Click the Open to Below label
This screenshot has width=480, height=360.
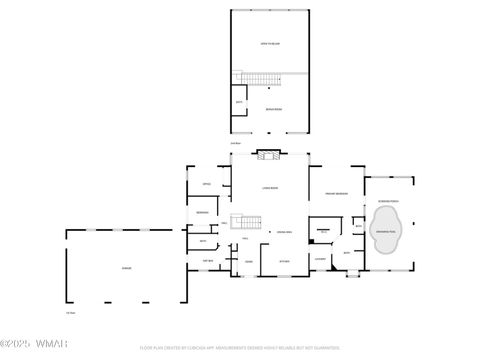click(x=270, y=44)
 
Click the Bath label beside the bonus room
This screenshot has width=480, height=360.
click(x=238, y=101)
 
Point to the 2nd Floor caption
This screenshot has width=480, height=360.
click(x=236, y=143)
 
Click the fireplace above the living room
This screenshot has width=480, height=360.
click(x=268, y=154)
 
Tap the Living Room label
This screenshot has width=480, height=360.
click(x=270, y=188)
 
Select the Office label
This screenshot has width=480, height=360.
click(x=205, y=184)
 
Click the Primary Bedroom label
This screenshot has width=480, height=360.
click(x=336, y=193)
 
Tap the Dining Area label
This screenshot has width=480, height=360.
click(x=284, y=232)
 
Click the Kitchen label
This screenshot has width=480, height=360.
click(x=284, y=262)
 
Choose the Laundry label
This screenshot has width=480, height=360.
click(x=320, y=262)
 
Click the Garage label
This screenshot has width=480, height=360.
click(x=126, y=268)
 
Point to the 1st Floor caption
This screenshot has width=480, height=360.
click(x=70, y=314)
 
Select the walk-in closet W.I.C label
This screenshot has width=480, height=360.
click(x=322, y=231)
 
